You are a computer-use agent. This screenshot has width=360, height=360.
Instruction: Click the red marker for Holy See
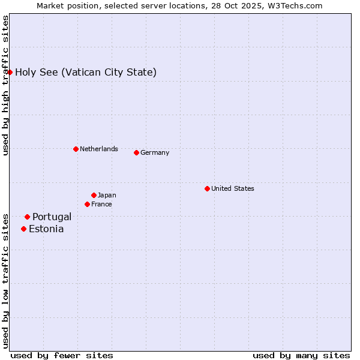click(x=10, y=72)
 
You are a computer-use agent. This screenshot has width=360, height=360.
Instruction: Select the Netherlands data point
click(x=76, y=149)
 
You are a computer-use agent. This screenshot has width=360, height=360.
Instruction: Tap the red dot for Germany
click(x=136, y=152)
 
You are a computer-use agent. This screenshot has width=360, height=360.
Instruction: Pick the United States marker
click(x=207, y=188)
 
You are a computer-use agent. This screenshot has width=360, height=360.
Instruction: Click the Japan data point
click(x=94, y=195)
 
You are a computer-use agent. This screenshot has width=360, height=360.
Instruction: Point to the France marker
click(x=87, y=204)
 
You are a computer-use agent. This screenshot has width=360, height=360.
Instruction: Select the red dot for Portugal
click(x=27, y=217)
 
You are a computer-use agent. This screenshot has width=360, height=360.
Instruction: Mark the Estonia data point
click(x=23, y=229)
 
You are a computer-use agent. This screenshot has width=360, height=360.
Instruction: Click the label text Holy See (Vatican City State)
click(x=86, y=73)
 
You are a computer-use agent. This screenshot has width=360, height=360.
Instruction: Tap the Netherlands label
click(x=99, y=149)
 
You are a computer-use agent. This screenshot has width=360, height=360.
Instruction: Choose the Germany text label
click(x=155, y=152)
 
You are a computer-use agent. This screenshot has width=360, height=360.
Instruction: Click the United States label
click(x=233, y=188)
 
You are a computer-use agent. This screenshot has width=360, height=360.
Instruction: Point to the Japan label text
click(x=107, y=195)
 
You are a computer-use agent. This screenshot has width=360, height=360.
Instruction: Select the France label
click(x=101, y=204)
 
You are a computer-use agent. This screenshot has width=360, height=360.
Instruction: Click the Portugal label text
click(x=52, y=217)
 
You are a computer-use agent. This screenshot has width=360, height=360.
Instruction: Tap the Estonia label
click(x=46, y=229)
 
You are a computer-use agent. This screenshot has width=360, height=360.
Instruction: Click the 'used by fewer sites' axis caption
click(x=62, y=355)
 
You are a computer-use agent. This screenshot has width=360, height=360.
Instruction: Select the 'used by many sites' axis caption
click(x=301, y=355)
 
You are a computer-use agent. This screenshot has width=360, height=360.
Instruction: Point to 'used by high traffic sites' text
click(x=5, y=85)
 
